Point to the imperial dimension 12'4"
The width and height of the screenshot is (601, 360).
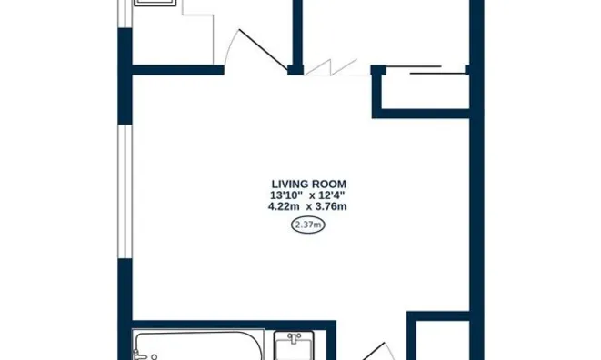(x=331, y=195)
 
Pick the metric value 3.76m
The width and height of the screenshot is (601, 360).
(x=331, y=206)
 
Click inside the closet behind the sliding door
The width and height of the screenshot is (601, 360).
(x=423, y=91)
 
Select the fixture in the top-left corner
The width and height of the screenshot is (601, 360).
(x=155, y=4)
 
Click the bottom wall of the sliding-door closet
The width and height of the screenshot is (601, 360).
(x=423, y=114)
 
